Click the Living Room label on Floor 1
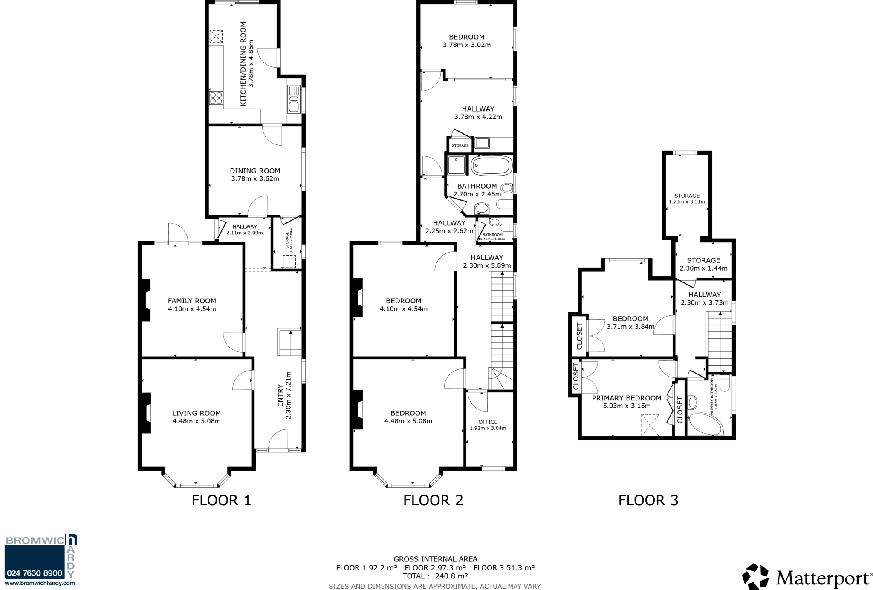(197, 413)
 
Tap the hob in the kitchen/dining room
(216, 98)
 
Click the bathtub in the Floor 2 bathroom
(491, 165)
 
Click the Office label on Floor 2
(488, 422)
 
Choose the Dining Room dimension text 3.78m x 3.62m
(255, 179)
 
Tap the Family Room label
(192, 301)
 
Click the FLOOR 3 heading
(648, 500)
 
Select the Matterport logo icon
(755, 577)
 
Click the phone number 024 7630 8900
(35, 573)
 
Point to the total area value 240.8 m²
(451, 576)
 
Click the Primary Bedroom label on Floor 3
(626, 398)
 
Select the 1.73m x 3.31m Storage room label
(687, 199)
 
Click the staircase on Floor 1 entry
(289, 342)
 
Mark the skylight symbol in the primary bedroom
(650, 425)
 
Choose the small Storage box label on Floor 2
(460, 146)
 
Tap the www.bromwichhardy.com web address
(40, 583)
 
